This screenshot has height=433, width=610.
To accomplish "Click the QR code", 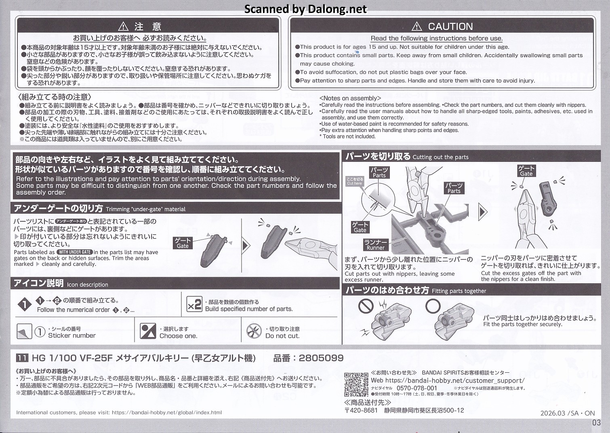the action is [356, 384].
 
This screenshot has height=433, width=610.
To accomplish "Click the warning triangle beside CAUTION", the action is [416, 26].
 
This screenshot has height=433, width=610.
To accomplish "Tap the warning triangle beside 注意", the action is [123, 26].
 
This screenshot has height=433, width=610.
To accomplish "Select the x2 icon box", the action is [194, 304].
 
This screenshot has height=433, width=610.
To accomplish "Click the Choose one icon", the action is [148, 331].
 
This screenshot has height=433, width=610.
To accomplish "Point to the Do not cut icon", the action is [254, 331].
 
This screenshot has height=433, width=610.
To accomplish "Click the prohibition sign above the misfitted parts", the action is [366, 306].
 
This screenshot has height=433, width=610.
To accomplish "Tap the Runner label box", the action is [376, 245].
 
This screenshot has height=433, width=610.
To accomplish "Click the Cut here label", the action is [355, 181].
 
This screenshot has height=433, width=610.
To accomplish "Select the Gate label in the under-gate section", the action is [183, 243].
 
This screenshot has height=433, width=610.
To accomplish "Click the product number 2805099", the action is [321, 358].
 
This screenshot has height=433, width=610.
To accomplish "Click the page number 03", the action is [596, 422].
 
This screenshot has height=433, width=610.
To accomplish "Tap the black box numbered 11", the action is [22, 358].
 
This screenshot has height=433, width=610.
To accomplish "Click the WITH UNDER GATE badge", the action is [75, 252].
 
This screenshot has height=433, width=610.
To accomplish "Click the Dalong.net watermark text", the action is [305, 9].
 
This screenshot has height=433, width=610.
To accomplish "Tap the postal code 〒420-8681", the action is [362, 410].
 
